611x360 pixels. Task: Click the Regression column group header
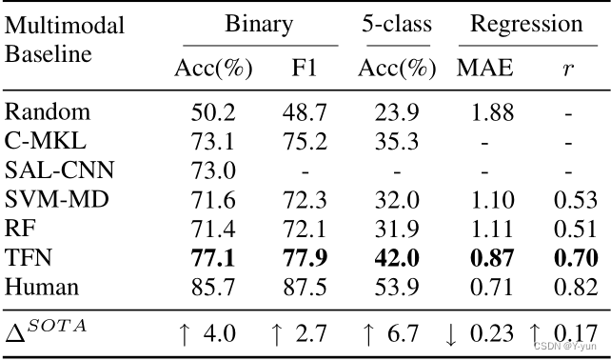(525, 24)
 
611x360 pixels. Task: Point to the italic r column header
(569, 70)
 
